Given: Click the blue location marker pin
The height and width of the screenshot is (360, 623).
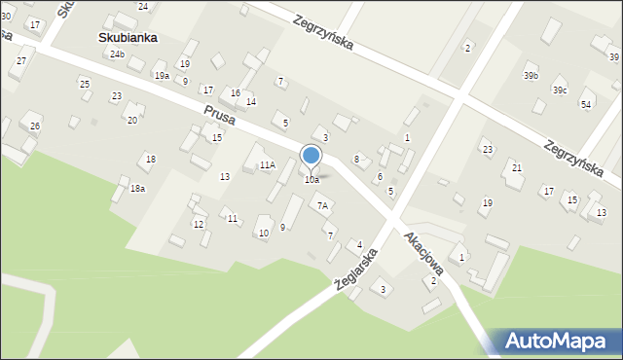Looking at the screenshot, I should click(311, 157).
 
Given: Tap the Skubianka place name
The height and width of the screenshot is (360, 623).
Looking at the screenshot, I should click(128, 38).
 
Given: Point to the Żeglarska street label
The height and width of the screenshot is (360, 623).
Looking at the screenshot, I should click(358, 260).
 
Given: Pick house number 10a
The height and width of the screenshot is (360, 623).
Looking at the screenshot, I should click(311, 180).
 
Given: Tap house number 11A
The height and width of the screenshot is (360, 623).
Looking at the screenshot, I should click(267, 165).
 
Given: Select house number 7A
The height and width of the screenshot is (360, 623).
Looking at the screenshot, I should click(322, 205).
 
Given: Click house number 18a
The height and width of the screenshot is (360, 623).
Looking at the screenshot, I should click(138, 189).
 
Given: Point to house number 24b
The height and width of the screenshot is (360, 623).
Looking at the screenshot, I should click(117, 54).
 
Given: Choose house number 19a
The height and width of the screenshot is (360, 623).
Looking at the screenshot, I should click(162, 75).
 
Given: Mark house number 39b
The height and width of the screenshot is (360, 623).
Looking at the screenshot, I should click(531, 75).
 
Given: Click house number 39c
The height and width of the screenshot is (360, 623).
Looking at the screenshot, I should click(560, 90).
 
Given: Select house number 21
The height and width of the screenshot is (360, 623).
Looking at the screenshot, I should click(517, 168).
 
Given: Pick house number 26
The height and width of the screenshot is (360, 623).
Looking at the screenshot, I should click(35, 126).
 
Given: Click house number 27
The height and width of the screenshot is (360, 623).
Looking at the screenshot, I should click(20, 61).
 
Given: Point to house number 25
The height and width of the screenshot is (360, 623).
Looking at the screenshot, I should click(85, 85).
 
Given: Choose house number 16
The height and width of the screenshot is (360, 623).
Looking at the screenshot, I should click(236, 93).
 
